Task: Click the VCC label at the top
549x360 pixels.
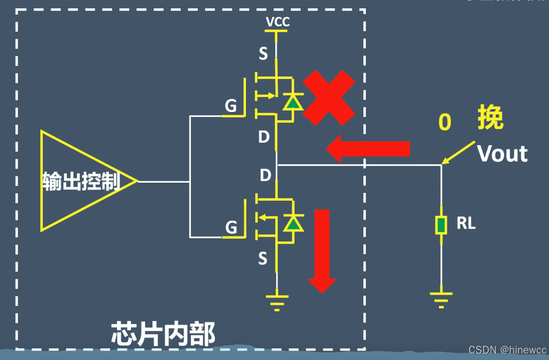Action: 277,22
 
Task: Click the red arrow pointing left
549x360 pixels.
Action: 368,149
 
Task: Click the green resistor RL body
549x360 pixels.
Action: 441,225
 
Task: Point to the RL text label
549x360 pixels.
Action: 466,224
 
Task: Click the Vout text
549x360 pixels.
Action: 502,154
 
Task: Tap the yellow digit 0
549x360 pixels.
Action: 445,122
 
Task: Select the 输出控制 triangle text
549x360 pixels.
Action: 81,181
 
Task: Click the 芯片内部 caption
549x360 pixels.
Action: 163,334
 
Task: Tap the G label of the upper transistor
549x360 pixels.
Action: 231,106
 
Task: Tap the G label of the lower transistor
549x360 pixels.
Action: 231,227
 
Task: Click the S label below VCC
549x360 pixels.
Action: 263,54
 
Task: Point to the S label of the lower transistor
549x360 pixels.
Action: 263,259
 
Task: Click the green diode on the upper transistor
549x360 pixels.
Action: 292,102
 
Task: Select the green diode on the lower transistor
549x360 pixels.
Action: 292,223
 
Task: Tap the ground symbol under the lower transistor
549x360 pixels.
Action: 277,301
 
